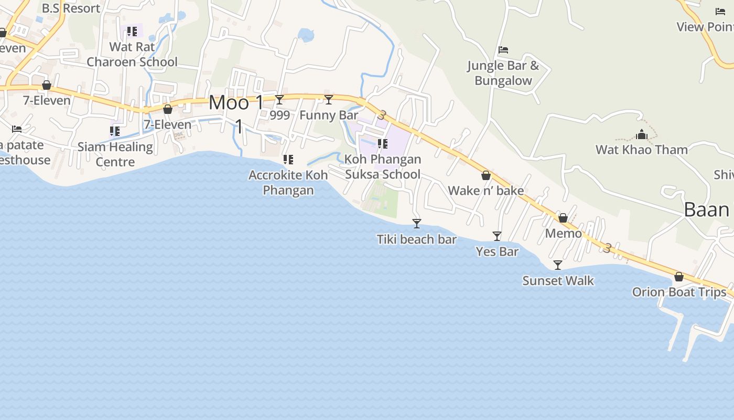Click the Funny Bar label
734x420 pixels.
(329, 115)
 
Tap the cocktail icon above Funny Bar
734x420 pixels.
(329, 99)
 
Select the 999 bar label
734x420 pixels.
(279, 115)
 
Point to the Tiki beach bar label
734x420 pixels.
(417, 239)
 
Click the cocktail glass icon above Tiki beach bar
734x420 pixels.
(417, 224)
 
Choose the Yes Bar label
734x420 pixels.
(497, 251)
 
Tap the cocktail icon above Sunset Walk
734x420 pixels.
(558, 265)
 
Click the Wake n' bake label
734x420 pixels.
(486, 190)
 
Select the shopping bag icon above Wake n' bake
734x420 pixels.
(486, 175)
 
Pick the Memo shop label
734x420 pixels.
(564, 233)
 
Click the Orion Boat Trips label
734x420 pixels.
(679, 292)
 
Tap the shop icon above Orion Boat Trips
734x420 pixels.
(679, 277)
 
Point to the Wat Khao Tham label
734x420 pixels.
(642, 150)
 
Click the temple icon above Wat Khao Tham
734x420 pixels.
(642, 134)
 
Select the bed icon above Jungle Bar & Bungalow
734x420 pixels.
(503, 50)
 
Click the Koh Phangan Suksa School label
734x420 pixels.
(383, 166)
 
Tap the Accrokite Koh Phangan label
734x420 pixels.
(288, 182)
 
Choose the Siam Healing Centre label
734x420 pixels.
(115, 154)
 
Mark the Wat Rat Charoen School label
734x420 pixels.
(132, 54)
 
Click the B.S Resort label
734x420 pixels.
(71, 8)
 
